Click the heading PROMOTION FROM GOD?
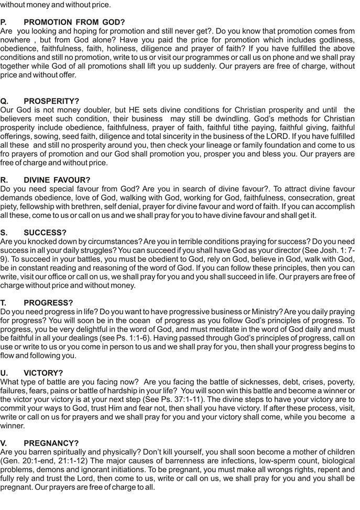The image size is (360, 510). [74, 23]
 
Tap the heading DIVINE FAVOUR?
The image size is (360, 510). [57, 180]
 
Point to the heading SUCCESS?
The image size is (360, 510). [49, 232]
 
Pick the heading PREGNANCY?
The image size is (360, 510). [51, 443]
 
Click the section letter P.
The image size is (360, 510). [3, 23]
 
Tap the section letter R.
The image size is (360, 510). [4, 180]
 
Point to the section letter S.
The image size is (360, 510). [3, 232]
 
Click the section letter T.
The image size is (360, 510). [3, 303]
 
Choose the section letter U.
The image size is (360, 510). [4, 373]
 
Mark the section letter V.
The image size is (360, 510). [3, 443]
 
